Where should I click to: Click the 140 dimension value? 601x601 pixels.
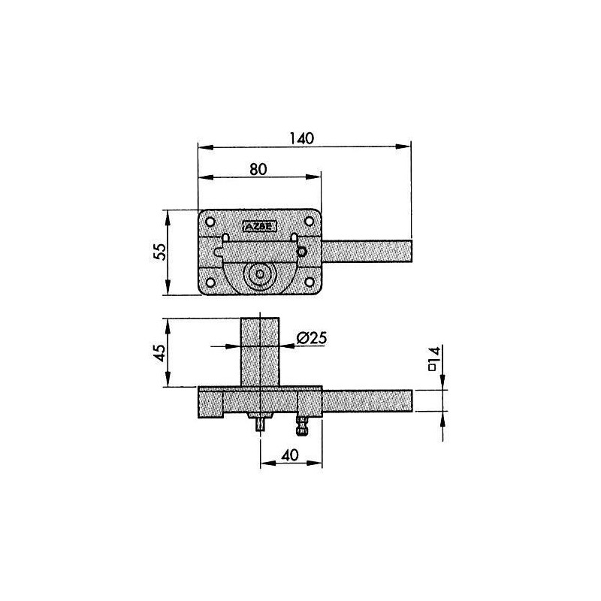point(302,138)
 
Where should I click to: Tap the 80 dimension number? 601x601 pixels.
point(258,169)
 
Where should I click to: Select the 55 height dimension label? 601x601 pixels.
point(160,252)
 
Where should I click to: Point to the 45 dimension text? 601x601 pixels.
point(160,352)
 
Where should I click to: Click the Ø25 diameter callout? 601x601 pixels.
point(312,337)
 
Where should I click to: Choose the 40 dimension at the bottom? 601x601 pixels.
point(290,455)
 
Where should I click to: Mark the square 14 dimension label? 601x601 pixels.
point(434,359)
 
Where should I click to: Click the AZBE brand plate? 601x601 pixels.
point(259,227)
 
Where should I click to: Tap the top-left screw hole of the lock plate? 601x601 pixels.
point(210,222)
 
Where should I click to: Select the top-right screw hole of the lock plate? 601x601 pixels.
point(309,221)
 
